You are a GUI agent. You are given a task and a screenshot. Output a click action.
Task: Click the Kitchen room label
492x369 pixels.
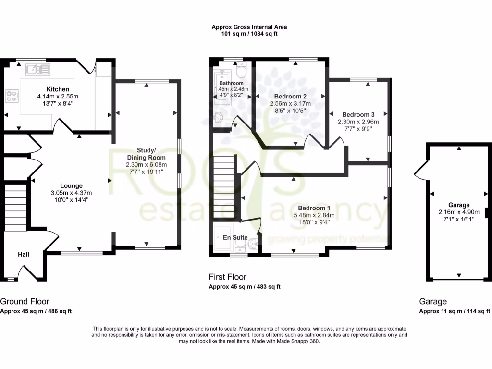[x=58, y=89]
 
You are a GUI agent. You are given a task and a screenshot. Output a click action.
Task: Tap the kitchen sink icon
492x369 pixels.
[x=37, y=70]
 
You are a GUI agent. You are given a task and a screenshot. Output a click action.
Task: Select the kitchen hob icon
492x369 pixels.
[x=11, y=96]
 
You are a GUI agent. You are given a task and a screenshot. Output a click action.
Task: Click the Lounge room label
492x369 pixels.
[x=71, y=185]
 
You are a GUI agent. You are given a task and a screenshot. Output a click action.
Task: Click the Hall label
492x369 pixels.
[x=24, y=254]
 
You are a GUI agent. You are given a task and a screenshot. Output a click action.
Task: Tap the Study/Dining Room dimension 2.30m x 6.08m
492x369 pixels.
[x=146, y=164]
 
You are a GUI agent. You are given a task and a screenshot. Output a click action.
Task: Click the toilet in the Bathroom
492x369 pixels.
[x=242, y=72]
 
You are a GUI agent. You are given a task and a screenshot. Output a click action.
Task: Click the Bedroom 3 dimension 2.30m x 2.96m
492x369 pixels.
[x=358, y=122]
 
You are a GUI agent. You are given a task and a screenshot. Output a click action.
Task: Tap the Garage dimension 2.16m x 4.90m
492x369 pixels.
[x=459, y=212]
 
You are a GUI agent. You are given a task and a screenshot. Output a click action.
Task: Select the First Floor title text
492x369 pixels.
[x=227, y=277]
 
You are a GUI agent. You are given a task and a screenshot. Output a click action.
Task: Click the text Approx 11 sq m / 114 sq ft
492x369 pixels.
[x=455, y=311]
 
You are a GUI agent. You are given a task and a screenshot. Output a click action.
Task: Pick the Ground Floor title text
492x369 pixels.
[x=25, y=302]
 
